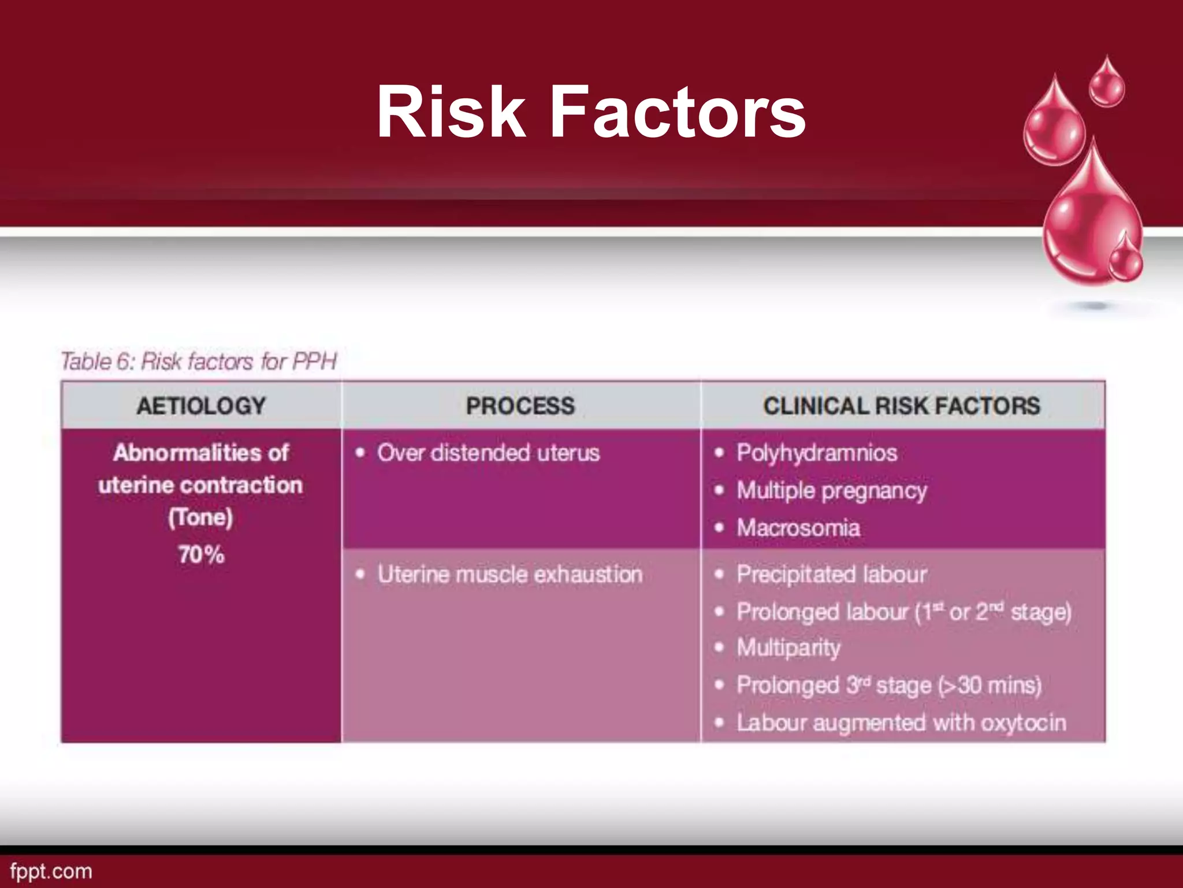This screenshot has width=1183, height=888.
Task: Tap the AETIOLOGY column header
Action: tap(201, 406)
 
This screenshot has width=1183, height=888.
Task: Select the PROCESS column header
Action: tap(520, 406)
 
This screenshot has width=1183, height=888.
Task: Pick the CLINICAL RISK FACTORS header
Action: tap(901, 406)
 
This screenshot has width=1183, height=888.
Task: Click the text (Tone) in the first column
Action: tap(200, 517)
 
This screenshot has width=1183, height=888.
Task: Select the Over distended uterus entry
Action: tap(488, 453)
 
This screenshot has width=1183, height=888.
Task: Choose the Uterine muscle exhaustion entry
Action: tap(509, 575)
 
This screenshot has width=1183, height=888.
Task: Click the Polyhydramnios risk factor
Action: tap(816, 453)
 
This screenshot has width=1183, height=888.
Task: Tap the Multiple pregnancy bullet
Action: tap(831, 491)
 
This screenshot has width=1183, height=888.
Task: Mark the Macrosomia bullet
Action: tap(798, 528)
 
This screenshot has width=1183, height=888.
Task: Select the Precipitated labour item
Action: tap(831, 575)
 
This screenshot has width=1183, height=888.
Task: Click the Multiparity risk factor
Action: tap(788, 647)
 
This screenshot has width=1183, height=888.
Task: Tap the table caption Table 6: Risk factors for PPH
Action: tap(199, 361)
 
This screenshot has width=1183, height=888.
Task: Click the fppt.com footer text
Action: tap(51, 871)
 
